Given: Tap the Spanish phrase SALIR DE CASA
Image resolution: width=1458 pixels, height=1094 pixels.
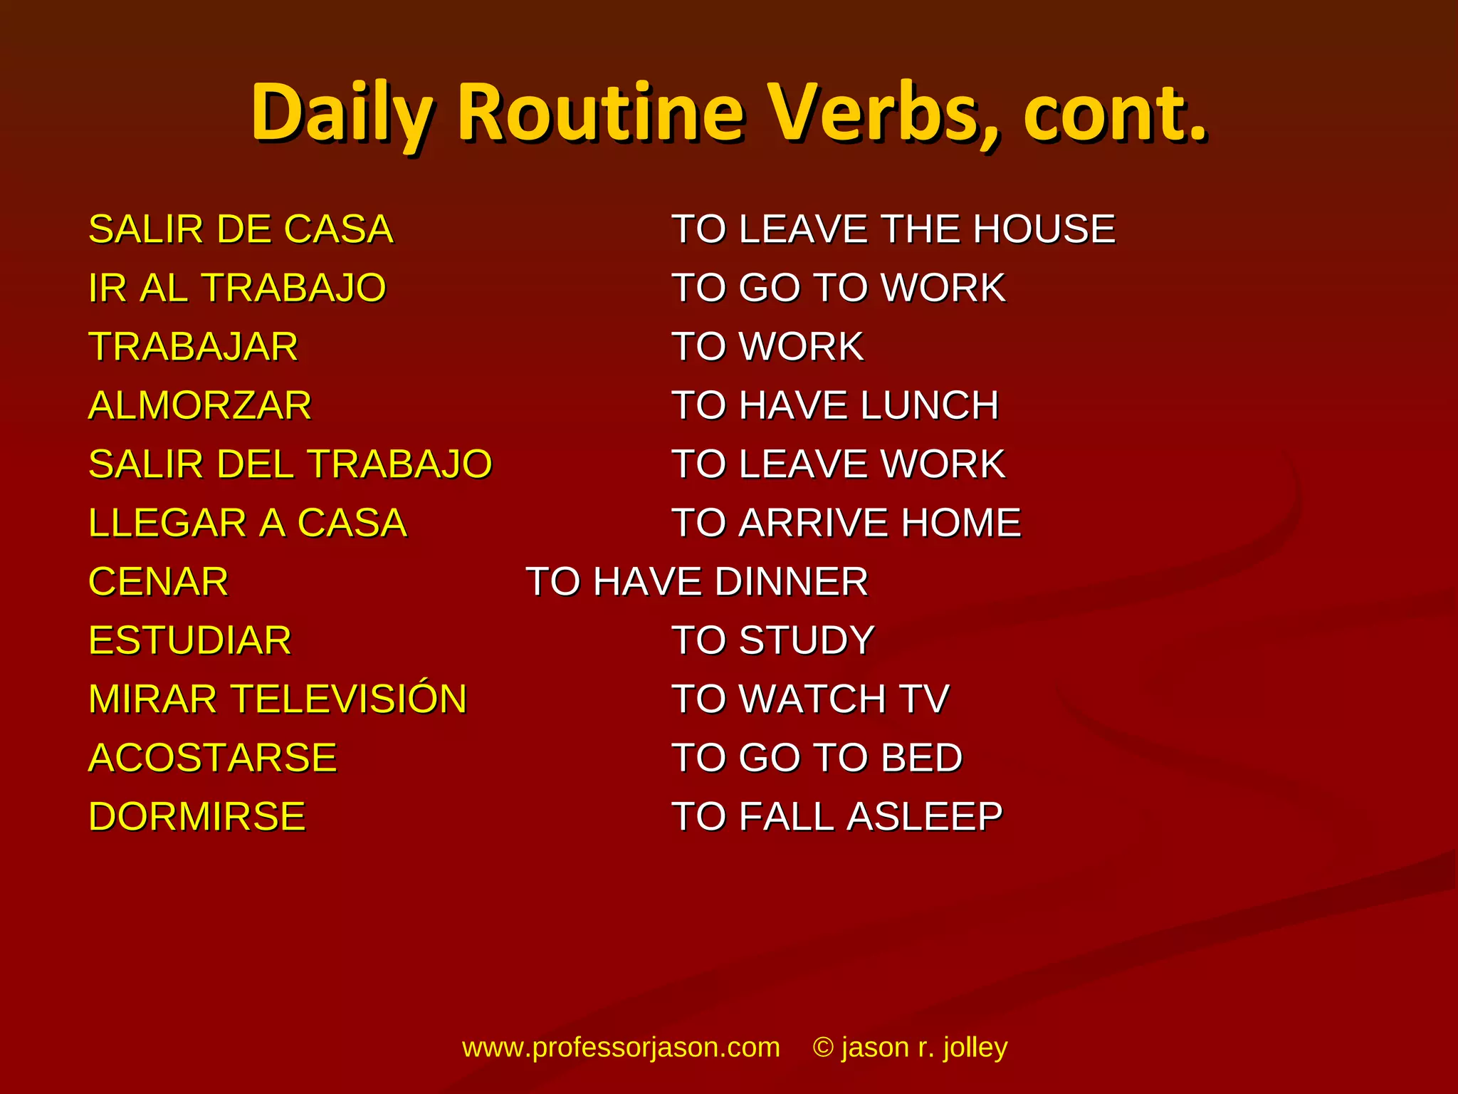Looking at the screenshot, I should (241, 229).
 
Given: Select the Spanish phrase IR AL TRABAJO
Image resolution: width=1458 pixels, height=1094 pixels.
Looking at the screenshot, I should (237, 288).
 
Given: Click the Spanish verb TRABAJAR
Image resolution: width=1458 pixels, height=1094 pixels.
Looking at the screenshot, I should (193, 347).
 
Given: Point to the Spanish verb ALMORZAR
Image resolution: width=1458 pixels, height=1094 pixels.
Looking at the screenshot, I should (200, 405).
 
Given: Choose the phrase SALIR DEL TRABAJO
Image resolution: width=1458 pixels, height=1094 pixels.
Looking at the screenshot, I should (290, 464).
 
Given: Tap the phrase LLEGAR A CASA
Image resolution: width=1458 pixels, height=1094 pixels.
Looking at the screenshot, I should (247, 523).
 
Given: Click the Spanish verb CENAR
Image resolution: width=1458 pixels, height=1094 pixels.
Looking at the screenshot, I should (158, 581).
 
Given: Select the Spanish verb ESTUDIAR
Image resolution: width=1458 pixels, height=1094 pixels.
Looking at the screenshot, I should (190, 640).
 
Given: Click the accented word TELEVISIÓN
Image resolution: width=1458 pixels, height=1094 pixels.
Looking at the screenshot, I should (350, 698).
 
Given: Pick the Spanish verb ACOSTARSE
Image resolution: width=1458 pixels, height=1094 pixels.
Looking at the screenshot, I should (212, 757).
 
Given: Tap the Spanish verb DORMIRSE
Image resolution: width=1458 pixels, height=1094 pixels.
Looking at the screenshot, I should (196, 816).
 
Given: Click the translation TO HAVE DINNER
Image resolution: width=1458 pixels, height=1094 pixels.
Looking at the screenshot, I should (697, 581).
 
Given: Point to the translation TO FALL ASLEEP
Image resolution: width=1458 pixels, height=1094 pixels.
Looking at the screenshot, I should (837, 816).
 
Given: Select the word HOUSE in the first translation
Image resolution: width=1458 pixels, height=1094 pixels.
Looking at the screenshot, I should (1044, 229).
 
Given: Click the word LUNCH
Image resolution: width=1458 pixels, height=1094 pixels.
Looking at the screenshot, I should (929, 405).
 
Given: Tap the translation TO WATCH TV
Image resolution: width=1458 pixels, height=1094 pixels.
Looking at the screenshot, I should (811, 699).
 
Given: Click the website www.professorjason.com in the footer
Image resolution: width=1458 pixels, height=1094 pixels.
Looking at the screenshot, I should (621, 1047).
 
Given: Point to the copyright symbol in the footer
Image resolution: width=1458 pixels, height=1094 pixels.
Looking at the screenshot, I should (823, 1048).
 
